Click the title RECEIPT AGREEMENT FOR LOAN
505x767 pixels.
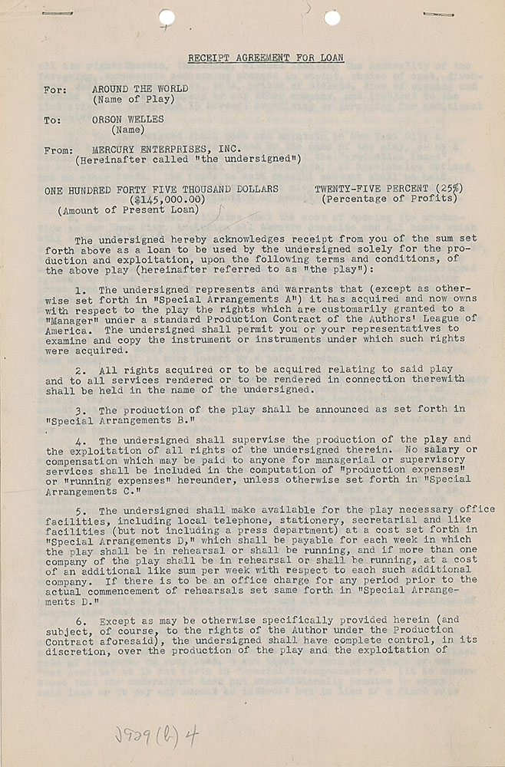pos(266,58)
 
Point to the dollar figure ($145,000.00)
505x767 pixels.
pos(166,199)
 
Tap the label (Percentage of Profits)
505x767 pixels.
pos(390,199)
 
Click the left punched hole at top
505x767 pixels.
pos(167,17)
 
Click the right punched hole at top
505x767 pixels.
pos(332,17)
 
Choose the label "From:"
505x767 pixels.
pos(59,150)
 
